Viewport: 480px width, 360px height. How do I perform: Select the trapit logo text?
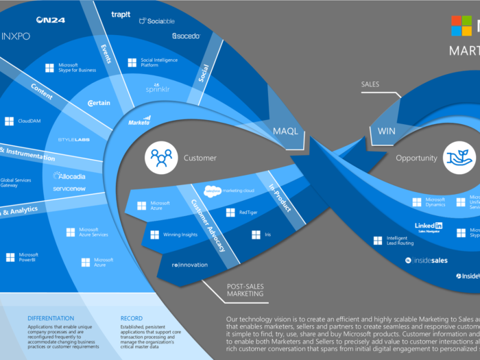pyautogui.click(x=122, y=14)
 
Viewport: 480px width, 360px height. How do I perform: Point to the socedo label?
pyautogui.click(x=187, y=36)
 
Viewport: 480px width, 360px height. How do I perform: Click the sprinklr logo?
pyautogui.click(x=157, y=89)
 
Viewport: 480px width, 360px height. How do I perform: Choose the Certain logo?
pyautogui.click(x=99, y=104)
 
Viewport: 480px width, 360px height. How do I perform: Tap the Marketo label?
pyautogui.click(x=139, y=123)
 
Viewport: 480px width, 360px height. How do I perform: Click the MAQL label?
pyautogui.click(x=285, y=131)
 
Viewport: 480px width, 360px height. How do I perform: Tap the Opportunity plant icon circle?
pyautogui.click(x=457, y=158)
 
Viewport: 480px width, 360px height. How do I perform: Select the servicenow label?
pyautogui.click(x=69, y=187)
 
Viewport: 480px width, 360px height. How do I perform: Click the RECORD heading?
pyautogui.click(x=132, y=318)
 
